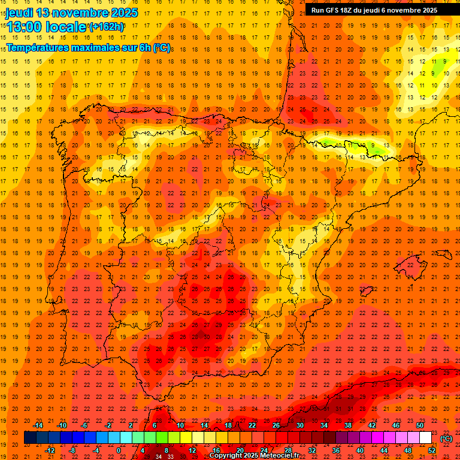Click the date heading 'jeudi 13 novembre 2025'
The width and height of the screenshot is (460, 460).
tap(71, 13)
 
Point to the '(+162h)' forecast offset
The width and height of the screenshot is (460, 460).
tap(107, 27)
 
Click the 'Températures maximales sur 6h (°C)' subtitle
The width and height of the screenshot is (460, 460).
tap(88, 47)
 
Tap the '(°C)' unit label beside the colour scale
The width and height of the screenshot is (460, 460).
tap(446, 438)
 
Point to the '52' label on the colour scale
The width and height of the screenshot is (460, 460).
tap(432, 450)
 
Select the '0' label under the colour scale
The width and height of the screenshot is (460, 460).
tap(119, 450)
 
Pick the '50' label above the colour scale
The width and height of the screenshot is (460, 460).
tap(420, 425)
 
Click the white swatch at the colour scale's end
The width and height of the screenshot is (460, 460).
tap(426, 438)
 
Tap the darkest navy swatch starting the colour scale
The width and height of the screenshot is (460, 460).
tap(30, 438)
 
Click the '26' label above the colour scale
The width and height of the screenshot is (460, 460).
tap(276, 425)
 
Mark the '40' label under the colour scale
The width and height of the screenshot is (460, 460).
tap(359, 450)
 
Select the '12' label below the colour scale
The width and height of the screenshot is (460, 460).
tap(192, 450)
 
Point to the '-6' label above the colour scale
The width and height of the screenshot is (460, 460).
tap(84, 425)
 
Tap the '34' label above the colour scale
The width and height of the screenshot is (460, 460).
tap(323, 425)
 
